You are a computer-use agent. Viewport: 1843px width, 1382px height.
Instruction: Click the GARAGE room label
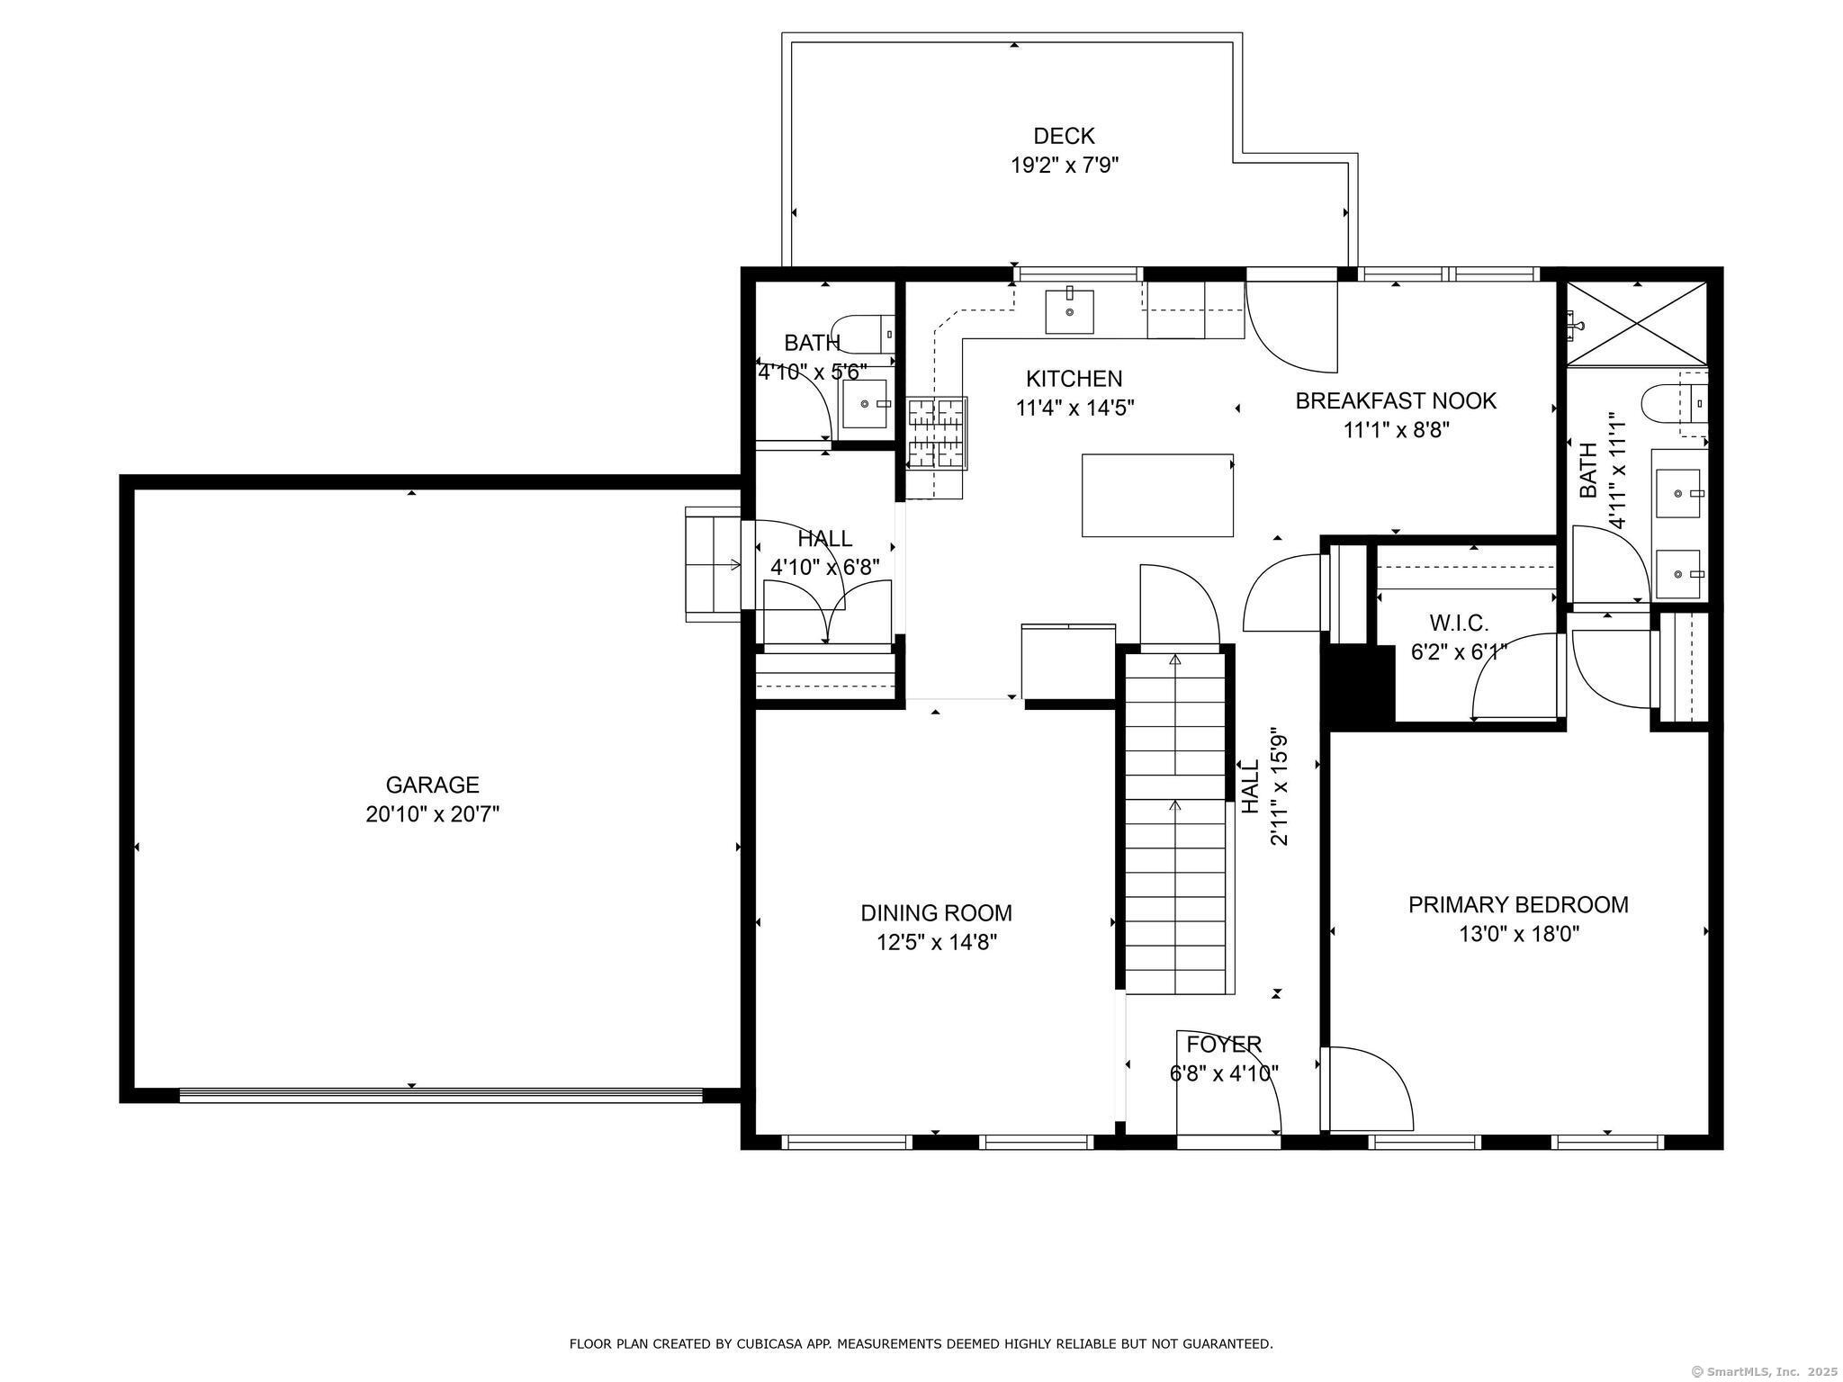pos(432,785)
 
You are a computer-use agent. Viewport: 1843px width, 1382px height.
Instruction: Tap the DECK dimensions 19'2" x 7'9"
pos(1064,166)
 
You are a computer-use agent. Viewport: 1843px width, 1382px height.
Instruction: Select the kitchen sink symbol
pos(1069,311)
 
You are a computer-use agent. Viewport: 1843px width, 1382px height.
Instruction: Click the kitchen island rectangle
pos(1157,495)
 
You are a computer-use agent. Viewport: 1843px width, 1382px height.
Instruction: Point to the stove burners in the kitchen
pos(936,435)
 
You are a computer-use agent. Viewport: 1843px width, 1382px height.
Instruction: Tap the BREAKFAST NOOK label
pos(1396,401)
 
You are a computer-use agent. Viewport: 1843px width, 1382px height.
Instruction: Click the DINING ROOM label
pos(936,913)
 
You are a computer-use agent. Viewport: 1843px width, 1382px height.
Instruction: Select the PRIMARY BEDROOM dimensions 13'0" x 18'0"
pos(1519,934)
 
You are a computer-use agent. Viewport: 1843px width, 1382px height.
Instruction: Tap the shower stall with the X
pos(1637,323)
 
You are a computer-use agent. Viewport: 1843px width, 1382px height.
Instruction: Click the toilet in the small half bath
pos(862,334)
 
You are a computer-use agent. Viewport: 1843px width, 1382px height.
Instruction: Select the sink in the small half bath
pos(865,404)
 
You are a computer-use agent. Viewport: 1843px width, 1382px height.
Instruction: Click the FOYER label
pos(1224,1045)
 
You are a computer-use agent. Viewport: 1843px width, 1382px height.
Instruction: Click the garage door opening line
pos(441,1095)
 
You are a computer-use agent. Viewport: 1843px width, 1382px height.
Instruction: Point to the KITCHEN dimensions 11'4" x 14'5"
pos(1074,408)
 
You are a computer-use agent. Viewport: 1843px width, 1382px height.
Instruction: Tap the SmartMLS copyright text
pos(1766,1371)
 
